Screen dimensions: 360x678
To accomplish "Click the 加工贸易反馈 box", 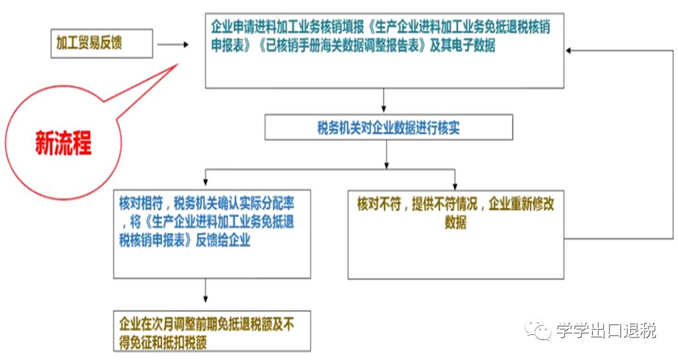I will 101,43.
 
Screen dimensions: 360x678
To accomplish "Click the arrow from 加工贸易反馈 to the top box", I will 172,45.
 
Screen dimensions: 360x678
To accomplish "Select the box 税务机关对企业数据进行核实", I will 388,127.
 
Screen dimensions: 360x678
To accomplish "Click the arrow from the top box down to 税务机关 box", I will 385,101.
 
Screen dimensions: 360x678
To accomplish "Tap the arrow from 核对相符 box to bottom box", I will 206,291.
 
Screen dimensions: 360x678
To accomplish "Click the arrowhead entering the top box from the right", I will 569,50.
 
